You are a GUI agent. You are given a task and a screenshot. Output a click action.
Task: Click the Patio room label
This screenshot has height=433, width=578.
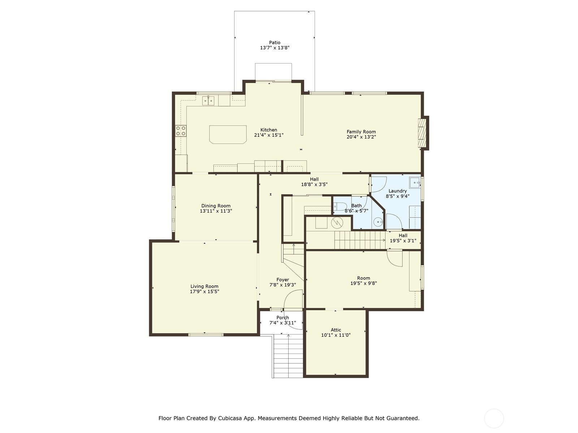click(275, 43)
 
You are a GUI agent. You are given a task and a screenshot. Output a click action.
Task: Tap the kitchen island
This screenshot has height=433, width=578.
click(228, 135)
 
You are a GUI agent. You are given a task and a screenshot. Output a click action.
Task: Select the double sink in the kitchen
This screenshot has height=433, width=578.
click(208, 101)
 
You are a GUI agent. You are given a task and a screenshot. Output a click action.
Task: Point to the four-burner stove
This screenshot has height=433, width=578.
click(181, 131)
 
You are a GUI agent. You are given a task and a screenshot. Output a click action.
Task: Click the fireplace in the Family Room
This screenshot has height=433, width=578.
click(422, 133)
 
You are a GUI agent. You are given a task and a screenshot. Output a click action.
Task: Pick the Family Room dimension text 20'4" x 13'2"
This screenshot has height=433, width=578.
click(361, 137)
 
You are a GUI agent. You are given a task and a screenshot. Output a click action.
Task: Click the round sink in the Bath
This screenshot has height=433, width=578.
click(378, 222)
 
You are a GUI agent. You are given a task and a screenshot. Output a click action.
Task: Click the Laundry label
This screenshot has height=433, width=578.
click(398, 191)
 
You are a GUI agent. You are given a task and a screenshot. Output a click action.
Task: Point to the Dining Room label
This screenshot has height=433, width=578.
click(216, 206)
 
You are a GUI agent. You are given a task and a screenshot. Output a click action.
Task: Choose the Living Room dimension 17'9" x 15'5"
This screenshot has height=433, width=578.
click(204, 292)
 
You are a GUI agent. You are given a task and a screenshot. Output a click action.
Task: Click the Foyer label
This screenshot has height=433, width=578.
click(283, 280)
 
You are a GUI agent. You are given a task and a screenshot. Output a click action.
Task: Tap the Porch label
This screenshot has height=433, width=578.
click(283, 318)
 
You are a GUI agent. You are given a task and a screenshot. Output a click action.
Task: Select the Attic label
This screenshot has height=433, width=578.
click(336, 330)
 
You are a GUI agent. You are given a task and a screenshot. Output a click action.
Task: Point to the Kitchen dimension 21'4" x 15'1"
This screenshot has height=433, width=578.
click(269, 135)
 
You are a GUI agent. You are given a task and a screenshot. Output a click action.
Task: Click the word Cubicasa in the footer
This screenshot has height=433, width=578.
click(228, 418)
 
